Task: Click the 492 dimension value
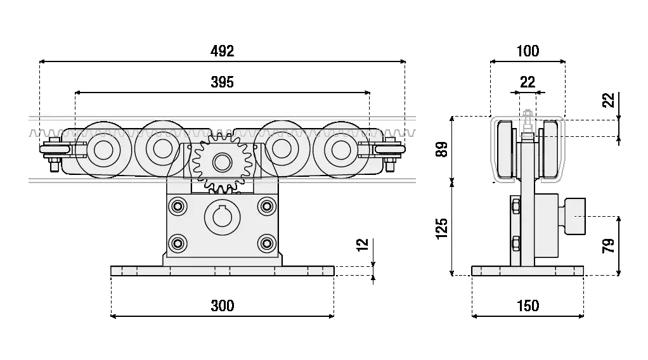click(x=222, y=51)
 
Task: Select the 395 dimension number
click(x=222, y=82)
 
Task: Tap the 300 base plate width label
click(x=222, y=305)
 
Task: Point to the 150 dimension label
click(x=528, y=305)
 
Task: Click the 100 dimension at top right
click(x=528, y=51)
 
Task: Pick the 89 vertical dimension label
click(x=442, y=149)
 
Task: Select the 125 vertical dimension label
click(x=442, y=229)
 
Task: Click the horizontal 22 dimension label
click(x=528, y=82)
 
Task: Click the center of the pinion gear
click(x=221, y=162)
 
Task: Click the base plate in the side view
click(x=528, y=271)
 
